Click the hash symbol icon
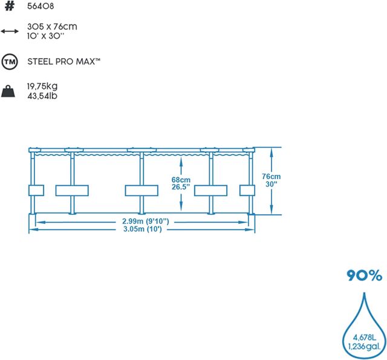tap(10, 6)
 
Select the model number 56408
tap(41, 6)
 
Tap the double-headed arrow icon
tap(10, 31)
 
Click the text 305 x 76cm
tap(52, 27)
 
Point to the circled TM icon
tap(10, 62)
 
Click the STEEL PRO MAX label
tap(64, 62)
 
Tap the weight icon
tap(8, 91)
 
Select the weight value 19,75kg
tap(42, 87)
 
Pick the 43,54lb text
tap(42, 96)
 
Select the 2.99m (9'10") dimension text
tap(146, 221)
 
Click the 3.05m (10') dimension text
tap(143, 229)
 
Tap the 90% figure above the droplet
tap(364, 275)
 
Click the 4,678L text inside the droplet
tap(364, 337)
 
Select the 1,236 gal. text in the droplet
tap(364, 347)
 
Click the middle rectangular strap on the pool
tap(141, 191)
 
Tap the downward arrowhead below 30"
tap(272, 209)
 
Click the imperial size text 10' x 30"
tap(46, 36)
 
